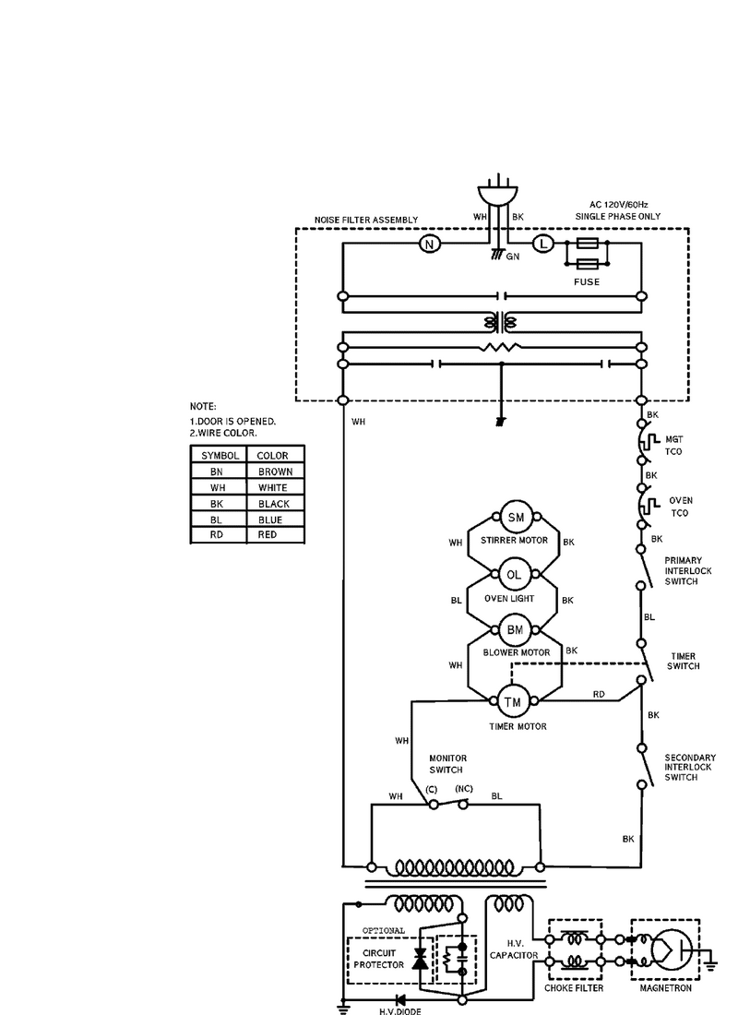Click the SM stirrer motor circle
[516, 518]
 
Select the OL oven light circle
[514, 575]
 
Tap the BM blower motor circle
[515, 630]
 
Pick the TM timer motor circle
[512, 701]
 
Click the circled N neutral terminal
[429, 244]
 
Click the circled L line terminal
[542, 244]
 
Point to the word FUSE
[587, 281]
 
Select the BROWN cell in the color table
[275, 472]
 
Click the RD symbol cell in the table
[216, 534]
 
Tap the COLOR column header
[272, 456]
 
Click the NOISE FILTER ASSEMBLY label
[366, 221]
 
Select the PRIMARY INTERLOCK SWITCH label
[687, 571]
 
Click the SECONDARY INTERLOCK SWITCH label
[690, 767]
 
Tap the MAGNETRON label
[665, 988]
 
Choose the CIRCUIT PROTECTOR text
[379, 959]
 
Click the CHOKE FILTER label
[574, 988]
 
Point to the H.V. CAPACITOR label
[514, 949]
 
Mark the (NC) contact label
[463, 788]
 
